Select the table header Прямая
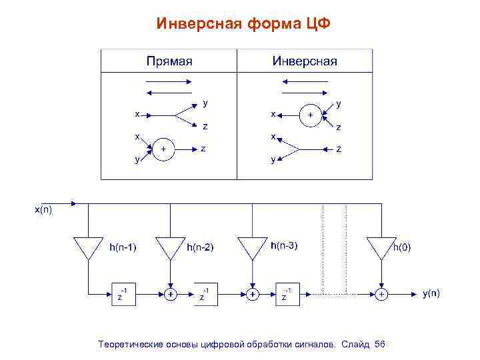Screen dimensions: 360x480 [169, 61]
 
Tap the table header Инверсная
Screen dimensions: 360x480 [305, 61]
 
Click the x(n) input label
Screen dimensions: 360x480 [43, 211]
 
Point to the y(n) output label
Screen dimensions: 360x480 [431, 293]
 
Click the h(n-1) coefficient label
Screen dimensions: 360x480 [123, 247]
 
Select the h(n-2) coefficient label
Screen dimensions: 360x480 [200, 247]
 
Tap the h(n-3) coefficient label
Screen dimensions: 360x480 [284, 245]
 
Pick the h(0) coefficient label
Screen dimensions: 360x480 [402, 247]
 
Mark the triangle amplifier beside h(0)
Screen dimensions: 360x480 [381, 247]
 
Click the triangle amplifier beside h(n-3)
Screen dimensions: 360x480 [252, 247]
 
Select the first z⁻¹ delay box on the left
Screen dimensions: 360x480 [123, 293]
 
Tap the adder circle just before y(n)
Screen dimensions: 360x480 [381, 293]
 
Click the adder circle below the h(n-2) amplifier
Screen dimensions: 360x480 [170, 293]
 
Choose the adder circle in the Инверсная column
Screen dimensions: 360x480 [310, 115]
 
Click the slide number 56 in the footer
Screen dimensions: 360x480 [380, 344]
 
